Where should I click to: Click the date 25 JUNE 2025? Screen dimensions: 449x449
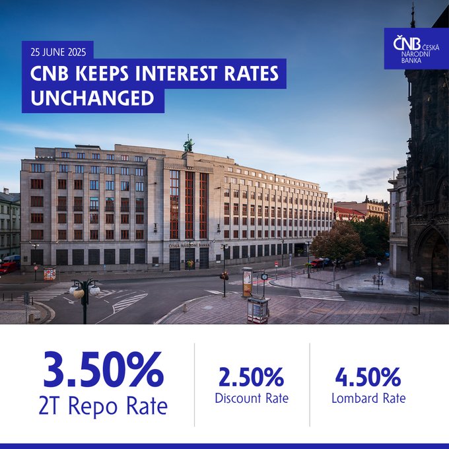coord(58,52)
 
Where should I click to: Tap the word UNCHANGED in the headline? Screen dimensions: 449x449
coord(92,98)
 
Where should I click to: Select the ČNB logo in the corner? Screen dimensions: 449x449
coord(416,49)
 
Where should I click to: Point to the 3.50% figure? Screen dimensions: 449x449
coord(104,369)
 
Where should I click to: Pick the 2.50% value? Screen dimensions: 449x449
coord(252,377)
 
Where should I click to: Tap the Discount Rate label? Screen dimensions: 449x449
coord(252,398)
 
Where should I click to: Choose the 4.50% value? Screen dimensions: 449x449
coord(368,377)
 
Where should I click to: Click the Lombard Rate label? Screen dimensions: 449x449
coord(368,398)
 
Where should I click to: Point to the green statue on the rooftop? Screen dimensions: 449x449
coord(188,144)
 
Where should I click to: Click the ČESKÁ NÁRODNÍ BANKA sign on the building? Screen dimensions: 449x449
coord(189,246)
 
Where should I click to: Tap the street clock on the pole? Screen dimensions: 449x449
coord(265,277)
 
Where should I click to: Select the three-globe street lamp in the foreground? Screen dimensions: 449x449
coord(85,298)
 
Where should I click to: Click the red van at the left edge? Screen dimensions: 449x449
coord(8,267)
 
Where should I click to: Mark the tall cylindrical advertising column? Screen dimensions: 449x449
coord(247,283)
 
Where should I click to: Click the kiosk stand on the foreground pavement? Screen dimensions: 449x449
coord(258,310)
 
